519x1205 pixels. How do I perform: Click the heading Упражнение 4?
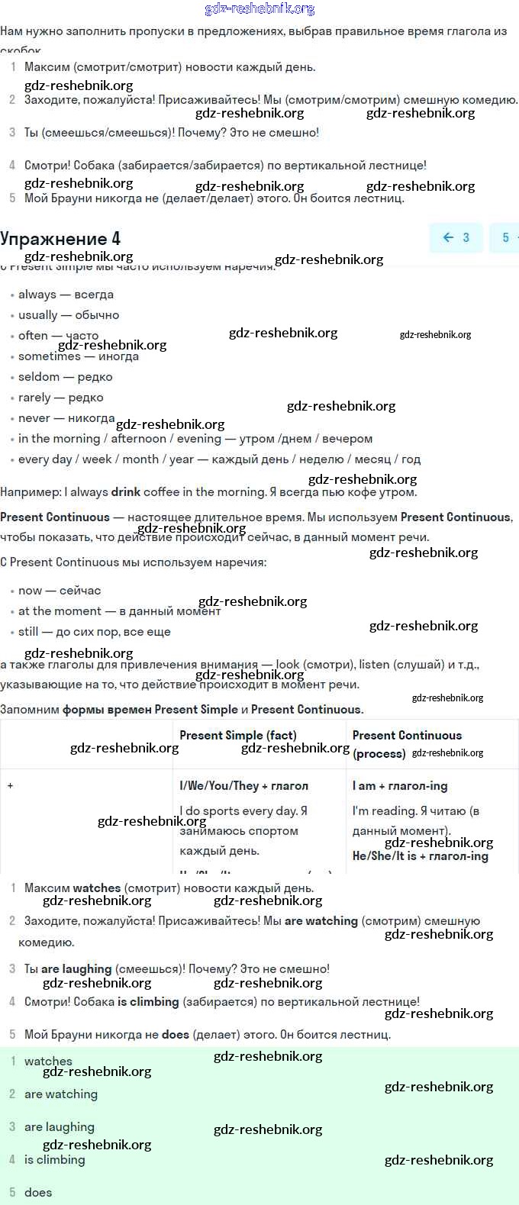(x=60, y=238)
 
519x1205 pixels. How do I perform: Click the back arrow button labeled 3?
(x=456, y=237)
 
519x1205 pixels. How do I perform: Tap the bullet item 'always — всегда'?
(x=66, y=295)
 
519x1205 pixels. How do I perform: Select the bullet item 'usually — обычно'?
(x=69, y=315)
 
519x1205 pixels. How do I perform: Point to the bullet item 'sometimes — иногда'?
(x=79, y=356)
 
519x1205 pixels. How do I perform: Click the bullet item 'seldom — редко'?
(x=65, y=377)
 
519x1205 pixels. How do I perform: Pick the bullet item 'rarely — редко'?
(x=60, y=398)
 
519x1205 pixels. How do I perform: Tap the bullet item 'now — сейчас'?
(x=60, y=591)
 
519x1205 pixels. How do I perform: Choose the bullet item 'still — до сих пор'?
(x=94, y=632)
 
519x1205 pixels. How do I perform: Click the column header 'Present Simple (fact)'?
(x=237, y=736)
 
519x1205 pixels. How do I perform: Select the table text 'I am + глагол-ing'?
(x=400, y=786)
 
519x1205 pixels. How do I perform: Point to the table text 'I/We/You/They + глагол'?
(x=243, y=786)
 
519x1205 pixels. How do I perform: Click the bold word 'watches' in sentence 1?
(x=97, y=888)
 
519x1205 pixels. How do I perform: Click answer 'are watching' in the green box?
(x=61, y=1094)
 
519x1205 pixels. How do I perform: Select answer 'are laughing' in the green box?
(x=60, y=1127)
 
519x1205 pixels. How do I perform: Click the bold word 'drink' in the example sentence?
(x=125, y=492)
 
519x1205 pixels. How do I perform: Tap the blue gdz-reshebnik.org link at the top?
(x=259, y=9)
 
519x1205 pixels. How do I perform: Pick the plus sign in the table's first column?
(x=10, y=785)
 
